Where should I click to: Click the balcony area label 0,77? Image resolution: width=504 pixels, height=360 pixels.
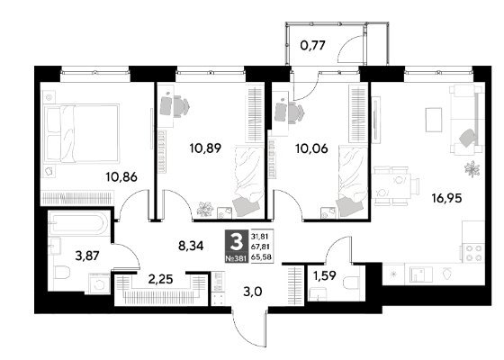313,46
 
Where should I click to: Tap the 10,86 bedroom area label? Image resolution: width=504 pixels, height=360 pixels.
121,176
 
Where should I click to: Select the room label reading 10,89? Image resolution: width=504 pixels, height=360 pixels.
205,148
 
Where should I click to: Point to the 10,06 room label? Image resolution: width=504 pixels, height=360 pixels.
311,148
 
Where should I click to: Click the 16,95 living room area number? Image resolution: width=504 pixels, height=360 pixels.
447,198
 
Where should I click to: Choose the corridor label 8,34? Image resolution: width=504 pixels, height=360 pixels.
191,247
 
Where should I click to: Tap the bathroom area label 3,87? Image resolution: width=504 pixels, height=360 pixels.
87,256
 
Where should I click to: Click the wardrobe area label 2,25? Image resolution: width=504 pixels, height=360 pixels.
160,279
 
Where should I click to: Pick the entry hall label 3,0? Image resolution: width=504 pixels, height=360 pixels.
253,292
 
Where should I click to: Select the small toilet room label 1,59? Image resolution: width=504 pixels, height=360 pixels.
325,275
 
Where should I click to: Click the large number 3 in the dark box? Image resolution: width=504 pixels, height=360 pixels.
237,242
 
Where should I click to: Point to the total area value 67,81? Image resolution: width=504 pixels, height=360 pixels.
261,247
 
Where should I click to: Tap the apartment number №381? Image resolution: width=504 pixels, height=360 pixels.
236,257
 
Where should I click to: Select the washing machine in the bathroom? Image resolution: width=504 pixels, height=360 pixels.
100,283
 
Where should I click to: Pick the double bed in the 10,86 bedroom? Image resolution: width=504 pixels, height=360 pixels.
81,132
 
